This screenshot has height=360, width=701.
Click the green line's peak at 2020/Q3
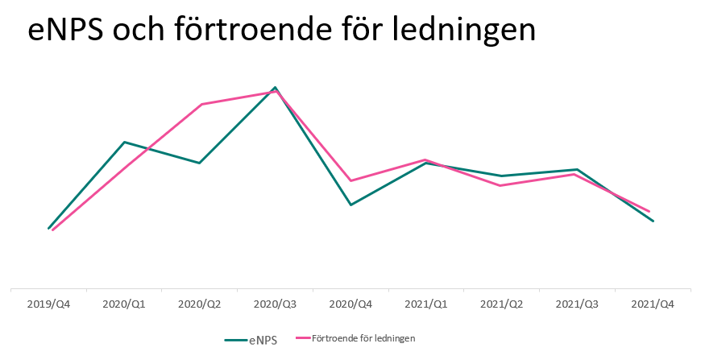coord(276,87)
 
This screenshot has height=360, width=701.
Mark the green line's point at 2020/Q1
coord(124,142)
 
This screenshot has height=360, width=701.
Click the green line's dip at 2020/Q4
coord(350,205)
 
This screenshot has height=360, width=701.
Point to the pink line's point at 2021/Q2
coord(502,185)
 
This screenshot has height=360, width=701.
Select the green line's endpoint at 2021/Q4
coord(653,221)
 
